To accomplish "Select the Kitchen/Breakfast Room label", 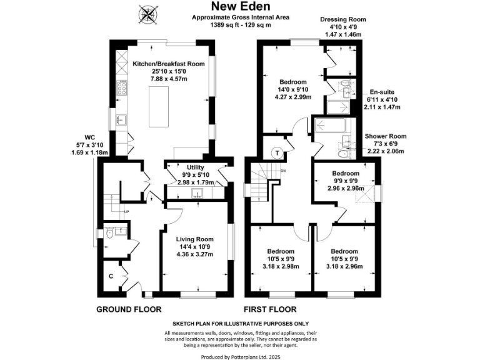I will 169,64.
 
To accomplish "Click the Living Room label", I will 194,239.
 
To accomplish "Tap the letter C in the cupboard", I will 111,276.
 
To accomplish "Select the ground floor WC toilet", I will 109,234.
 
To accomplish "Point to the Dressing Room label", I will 342,19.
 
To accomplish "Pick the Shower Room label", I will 385,136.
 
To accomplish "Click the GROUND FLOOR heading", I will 129,309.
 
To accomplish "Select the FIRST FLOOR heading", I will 270,309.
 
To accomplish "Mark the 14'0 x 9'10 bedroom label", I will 292,82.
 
